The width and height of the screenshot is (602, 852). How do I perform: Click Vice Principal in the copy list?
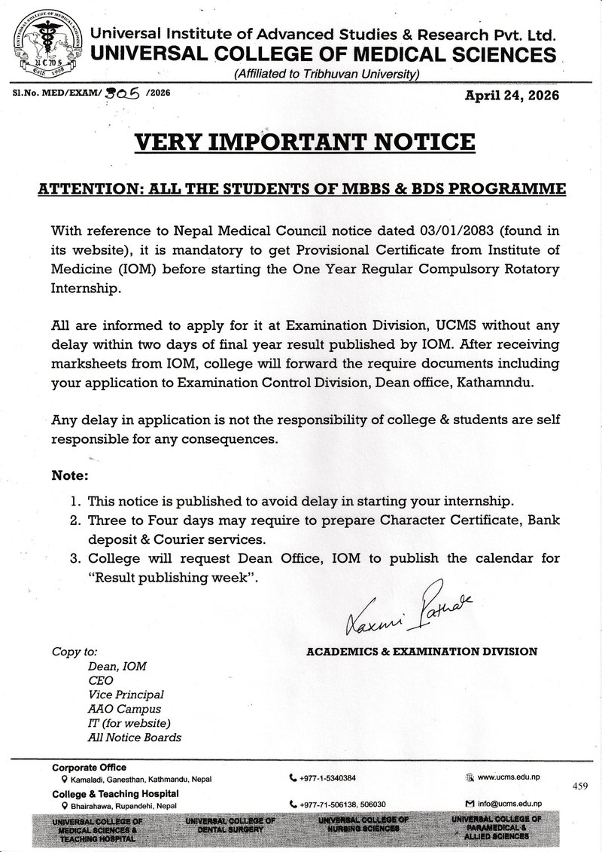[x=126, y=695]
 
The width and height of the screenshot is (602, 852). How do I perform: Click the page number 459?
[x=579, y=786]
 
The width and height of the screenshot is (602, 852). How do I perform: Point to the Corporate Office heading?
[x=84, y=767]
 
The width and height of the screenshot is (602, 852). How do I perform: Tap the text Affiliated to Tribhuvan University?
[x=327, y=74]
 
